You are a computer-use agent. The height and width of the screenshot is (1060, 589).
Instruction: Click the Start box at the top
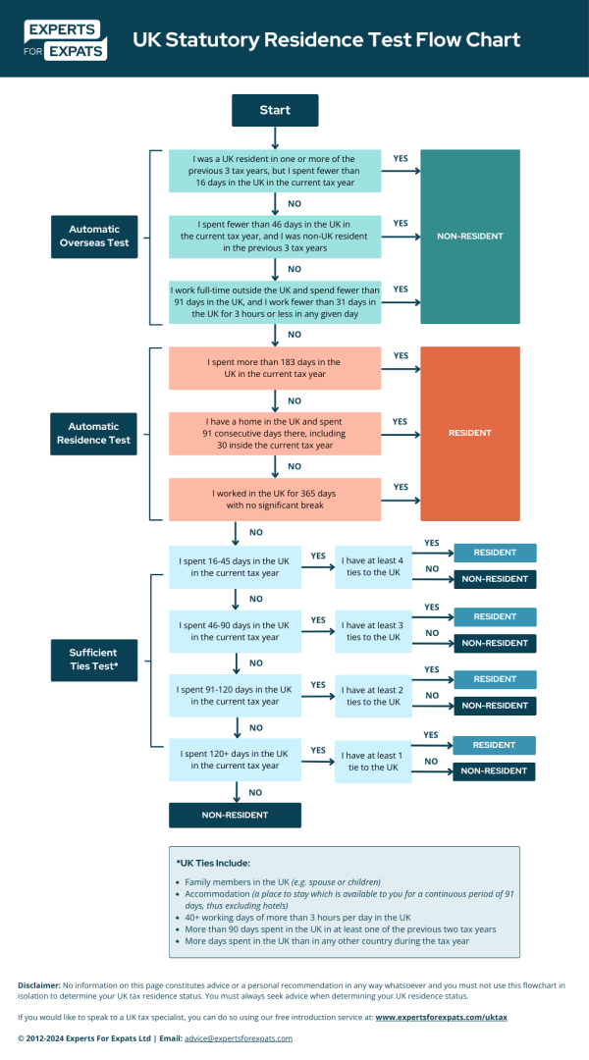pyautogui.click(x=275, y=110)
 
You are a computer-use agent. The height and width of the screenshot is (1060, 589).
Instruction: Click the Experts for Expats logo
pyautogui.click(x=64, y=38)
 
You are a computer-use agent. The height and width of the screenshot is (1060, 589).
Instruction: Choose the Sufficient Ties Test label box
pyautogui.click(x=93, y=659)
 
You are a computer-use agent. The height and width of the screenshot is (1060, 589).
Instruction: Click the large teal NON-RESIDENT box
pyautogui.click(x=469, y=237)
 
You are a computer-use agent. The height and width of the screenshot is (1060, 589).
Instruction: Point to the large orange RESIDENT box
pyautogui.click(x=469, y=433)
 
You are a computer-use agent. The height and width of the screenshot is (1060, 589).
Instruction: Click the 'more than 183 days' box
pyautogui.click(x=274, y=368)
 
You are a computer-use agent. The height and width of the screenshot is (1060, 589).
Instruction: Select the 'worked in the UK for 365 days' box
pyautogui.click(x=274, y=499)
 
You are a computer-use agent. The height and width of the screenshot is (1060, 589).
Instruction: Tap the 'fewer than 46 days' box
pyautogui.click(x=274, y=237)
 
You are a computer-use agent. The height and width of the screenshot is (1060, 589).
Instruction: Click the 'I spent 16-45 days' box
pyautogui.click(x=235, y=566)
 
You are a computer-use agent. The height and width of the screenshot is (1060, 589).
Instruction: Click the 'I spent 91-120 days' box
pyautogui.click(x=235, y=696)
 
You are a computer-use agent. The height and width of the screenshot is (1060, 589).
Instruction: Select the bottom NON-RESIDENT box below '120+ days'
pyautogui.click(x=235, y=815)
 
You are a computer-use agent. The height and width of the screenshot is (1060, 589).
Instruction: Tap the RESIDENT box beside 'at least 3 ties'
pyautogui.click(x=495, y=616)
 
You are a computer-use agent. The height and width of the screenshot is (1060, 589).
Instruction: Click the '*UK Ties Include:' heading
pyautogui.click(x=213, y=863)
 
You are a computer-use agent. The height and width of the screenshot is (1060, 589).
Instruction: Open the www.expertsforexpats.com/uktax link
pyautogui.click(x=441, y=1018)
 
